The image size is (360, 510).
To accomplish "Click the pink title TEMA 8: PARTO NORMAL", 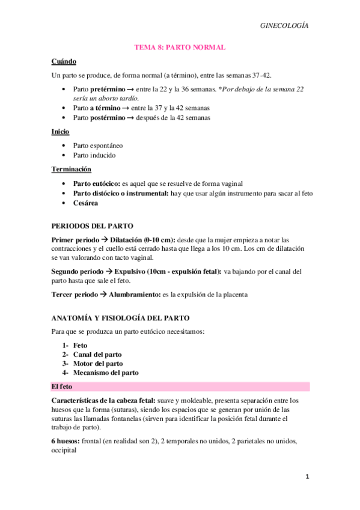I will click(180, 47).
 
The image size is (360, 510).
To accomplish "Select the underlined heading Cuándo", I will click(63, 61).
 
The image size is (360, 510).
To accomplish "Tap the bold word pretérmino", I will click(109, 89).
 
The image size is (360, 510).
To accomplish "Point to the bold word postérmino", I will click(111, 117).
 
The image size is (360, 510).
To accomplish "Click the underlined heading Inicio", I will click(60, 132).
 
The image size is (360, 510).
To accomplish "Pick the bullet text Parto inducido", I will click(94, 155).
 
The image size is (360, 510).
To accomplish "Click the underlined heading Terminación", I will click(71, 170).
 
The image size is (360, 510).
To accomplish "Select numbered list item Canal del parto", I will click(97, 354).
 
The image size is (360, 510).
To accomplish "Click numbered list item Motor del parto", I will click(98, 363).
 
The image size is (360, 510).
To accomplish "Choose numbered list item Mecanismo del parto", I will click(106, 373).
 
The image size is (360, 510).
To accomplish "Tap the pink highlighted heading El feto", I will click(61, 386).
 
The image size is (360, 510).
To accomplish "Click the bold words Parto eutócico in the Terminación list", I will click(96, 183).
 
